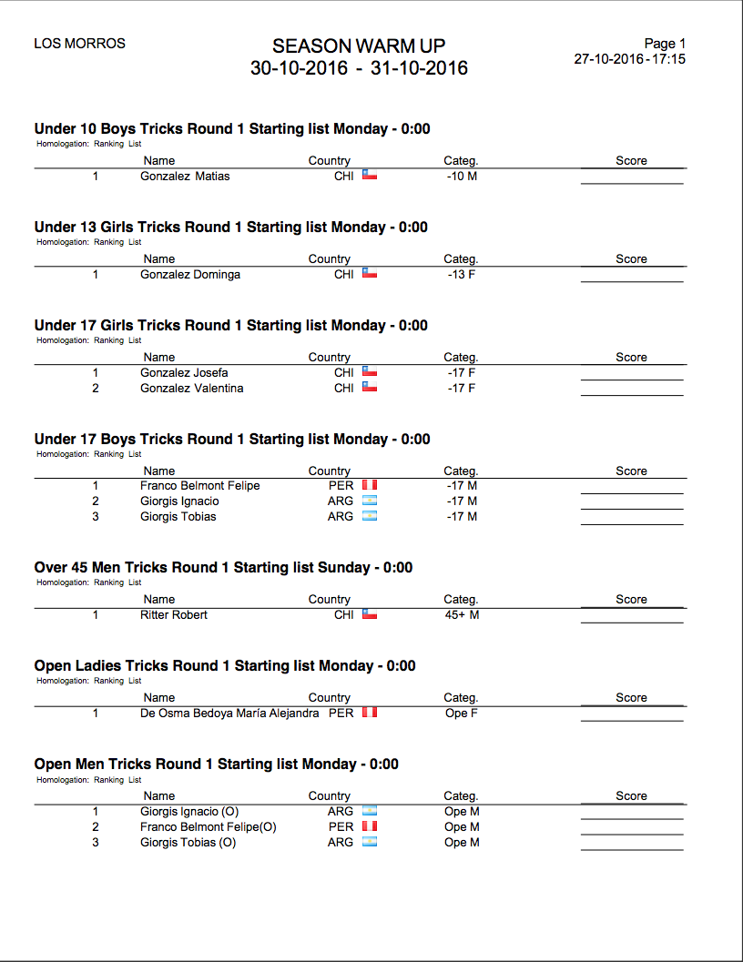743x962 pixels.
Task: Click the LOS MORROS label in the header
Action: [79, 44]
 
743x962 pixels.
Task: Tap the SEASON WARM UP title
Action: [359, 46]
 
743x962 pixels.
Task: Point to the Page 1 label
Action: [665, 44]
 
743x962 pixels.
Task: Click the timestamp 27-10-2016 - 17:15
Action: [629, 59]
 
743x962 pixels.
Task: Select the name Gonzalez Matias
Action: [185, 177]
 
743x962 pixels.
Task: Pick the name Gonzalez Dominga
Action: [190, 275]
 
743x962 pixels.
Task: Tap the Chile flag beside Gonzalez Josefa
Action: [370, 372]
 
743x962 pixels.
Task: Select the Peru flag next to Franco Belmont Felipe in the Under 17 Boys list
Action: [370, 486]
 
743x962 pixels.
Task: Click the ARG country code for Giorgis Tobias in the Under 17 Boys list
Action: [341, 517]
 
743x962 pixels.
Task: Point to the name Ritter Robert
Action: [174, 615]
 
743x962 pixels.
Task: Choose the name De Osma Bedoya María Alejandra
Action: [229, 714]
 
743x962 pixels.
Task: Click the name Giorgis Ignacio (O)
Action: [189, 812]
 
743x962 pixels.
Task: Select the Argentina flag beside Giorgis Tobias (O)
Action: [370, 843]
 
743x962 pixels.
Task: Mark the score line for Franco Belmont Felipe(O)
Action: [632, 833]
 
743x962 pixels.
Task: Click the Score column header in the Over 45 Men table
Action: [631, 600]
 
